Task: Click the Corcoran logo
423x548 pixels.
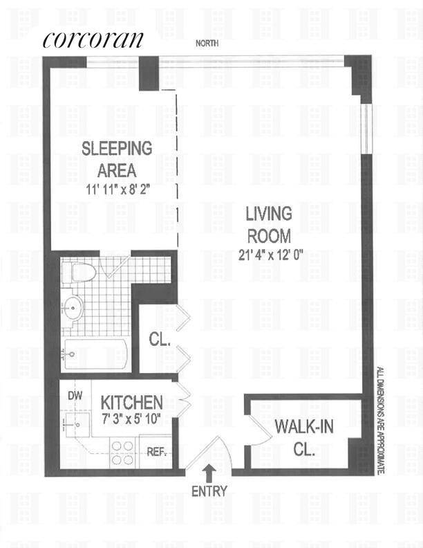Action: (93, 39)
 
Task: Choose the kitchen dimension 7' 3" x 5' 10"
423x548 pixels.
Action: (132, 419)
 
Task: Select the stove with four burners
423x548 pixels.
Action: (122, 453)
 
